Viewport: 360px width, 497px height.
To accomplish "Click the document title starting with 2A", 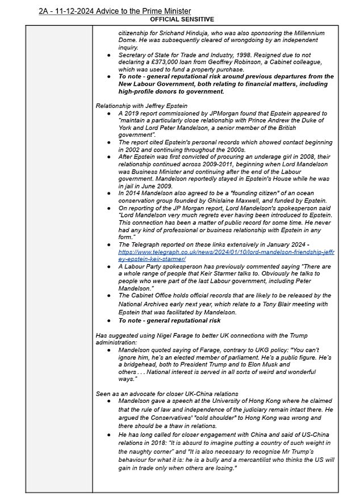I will click(115, 11).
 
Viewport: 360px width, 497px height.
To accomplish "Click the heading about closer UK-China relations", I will click(166, 394).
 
